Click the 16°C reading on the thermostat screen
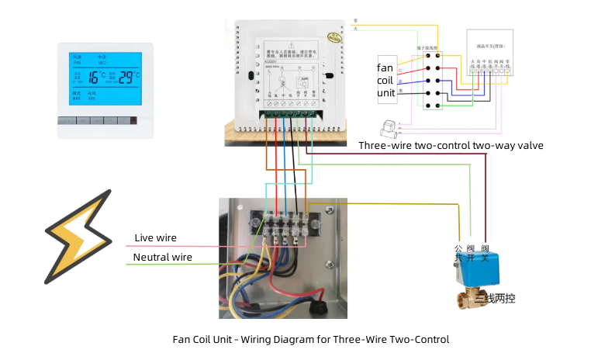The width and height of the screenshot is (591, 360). (x=95, y=77)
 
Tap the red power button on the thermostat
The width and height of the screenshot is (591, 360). (x=134, y=120)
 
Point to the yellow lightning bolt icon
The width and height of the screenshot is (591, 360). (x=78, y=227)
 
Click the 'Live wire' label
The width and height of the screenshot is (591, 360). (x=155, y=237)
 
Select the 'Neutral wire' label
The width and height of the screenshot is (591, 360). (x=162, y=257)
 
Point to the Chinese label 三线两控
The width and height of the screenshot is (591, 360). (x=496, y=299)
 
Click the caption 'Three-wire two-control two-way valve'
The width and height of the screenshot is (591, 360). (x=451, y=145)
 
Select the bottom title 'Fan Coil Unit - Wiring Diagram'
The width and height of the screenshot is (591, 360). (x=310, y=339)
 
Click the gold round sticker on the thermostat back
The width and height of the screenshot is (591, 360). (x=335, y=36)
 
